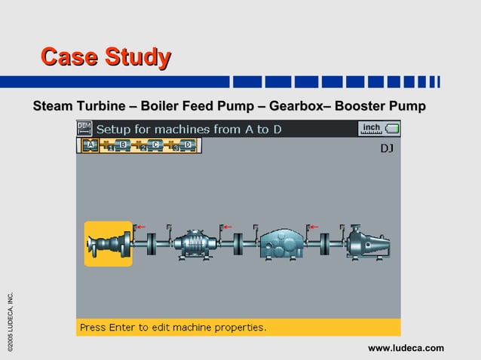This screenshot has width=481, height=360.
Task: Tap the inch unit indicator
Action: click(x=371, y=128)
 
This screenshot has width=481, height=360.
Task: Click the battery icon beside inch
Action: click(x=392, y=129)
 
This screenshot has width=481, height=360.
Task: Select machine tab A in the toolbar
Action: click(x=90, y=145)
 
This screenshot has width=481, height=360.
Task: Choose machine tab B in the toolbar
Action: click(x=123, y=145)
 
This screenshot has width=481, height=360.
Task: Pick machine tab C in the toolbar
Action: click(x=155, y=145)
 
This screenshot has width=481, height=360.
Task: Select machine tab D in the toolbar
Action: click(x=188, y=145)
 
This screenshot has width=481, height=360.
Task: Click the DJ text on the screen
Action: click(x=386, y=148)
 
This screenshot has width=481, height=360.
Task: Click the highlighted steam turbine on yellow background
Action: click(x=108, y=244)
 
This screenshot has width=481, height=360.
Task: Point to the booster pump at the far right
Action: click(x=367, y=244)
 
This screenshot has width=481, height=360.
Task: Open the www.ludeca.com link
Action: click(x=406, y=348)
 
